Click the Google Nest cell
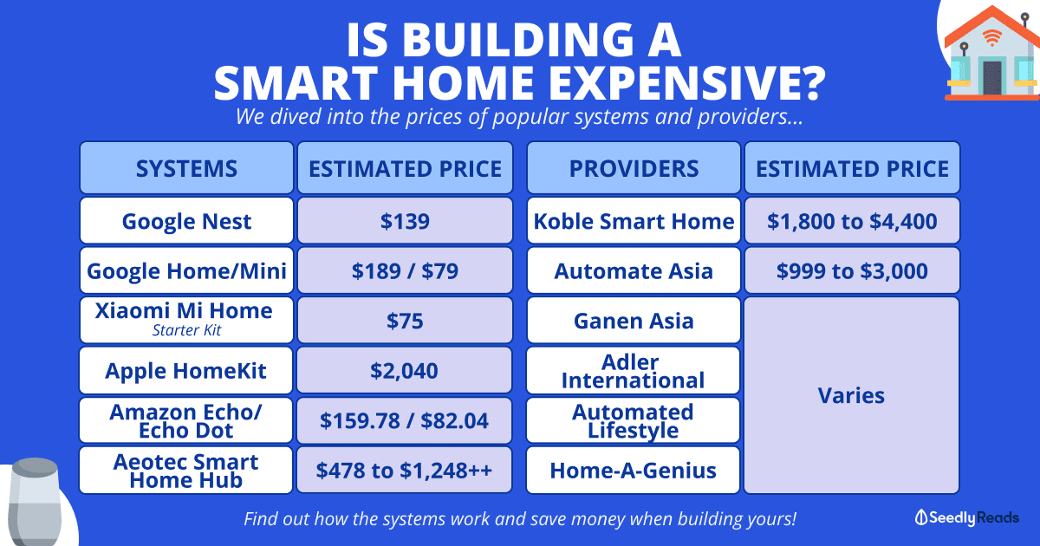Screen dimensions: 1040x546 pyautogui.click(x=186, y=220)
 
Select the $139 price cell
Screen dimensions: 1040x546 pyautogui.click(x=405, y=220)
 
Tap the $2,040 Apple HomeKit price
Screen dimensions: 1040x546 pyautogui.click(x=404, y=370)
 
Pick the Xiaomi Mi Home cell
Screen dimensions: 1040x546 pyautogui.click(x=186, y=320)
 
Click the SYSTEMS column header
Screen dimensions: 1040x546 pyautogui.click(x=186, y=167)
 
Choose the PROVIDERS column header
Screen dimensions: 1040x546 pyautogui.click(x=634, y=167)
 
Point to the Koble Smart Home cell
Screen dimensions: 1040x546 pyautogui.click(x=634, y=220)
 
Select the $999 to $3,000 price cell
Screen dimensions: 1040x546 pyautogui.click(x=852, y=270)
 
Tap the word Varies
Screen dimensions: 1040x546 pyautogui.click(x=851, y=395)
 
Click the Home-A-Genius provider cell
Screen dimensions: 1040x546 pyautogui.click(x=633, y=470)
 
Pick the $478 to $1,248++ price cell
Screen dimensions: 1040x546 pyautogui.click(x=404, y=470)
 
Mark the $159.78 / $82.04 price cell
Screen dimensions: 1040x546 pyautogui.click(x=404, y=420)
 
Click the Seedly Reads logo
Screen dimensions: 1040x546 pyautogui.click(x=966, y=517)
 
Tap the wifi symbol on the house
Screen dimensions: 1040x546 pyautogui.click(x=991, y=37)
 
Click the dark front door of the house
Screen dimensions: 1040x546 pyautogui.click(x=992, y=78)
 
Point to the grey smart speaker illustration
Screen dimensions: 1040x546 pyautogui.click(x=35, y=502)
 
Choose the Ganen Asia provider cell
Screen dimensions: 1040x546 pyautogui.click(x=634, y=320)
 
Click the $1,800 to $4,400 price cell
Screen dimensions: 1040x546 pyautogui.click(x=852, y=220)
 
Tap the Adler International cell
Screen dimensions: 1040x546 pyautogui.click(x=633, y=370)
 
